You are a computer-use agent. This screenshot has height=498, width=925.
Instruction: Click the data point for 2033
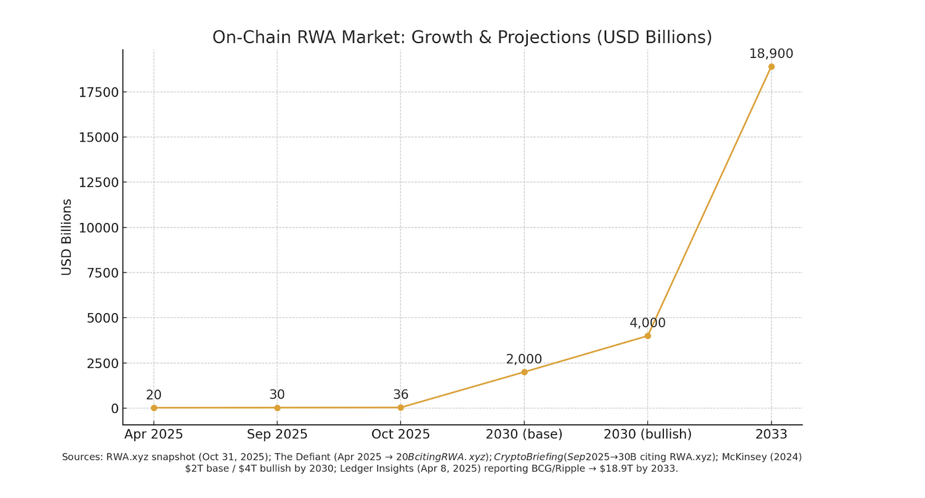[x=771, y=67]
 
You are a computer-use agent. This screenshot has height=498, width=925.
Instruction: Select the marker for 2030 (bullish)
[x=647, y=336]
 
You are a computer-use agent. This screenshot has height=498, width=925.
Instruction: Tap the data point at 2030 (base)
[x=524, y=372]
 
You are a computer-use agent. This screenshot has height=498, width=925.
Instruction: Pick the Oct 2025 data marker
[x=400, y=407]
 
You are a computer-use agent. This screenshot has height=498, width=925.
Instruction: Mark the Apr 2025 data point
[x=154, y=407]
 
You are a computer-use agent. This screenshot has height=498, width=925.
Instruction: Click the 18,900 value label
[x=771, y=54]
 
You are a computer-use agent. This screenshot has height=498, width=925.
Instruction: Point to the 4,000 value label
[x=647, y=324]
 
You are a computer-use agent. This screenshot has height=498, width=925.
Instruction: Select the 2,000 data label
[x=524, y=359]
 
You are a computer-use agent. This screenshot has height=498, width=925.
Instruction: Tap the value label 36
[x=400, y=395]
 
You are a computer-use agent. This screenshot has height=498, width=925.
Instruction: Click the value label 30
[x=277, y=395]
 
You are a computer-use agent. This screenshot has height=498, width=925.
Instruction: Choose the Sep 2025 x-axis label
[x=277, y=435]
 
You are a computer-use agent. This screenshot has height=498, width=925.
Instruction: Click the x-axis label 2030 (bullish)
[x=647, y=435]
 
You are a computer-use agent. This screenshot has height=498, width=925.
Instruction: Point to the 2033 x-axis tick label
[x=771, y=435]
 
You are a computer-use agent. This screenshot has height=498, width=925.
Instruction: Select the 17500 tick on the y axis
[x=99, y=92]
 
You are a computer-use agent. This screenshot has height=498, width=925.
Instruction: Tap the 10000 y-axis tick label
[x=99, y=228]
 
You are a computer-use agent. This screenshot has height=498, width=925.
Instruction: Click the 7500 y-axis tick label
[x=102, y=273]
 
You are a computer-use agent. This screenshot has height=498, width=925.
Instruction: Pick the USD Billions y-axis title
[x=67, y=237]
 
